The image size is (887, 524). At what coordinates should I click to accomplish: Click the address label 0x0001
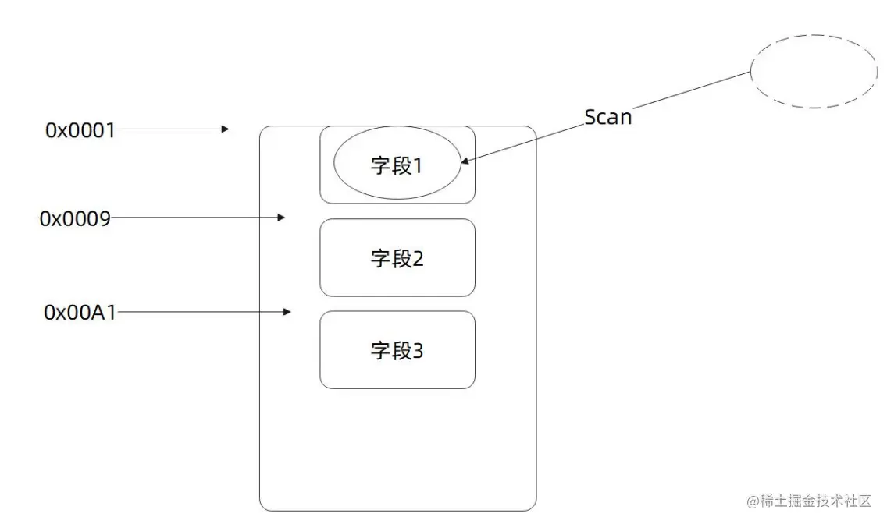(80, 130)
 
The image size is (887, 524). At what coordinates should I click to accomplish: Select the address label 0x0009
(75, 219)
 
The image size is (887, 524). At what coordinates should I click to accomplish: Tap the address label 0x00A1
(80, 313)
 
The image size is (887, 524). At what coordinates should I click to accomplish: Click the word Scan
(607, 118)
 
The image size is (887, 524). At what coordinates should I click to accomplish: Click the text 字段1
(397, 166)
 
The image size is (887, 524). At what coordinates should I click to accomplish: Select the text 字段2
(397, 259)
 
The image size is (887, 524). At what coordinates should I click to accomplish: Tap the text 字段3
(397, 352)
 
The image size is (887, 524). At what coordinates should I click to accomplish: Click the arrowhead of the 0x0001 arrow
(225, 129)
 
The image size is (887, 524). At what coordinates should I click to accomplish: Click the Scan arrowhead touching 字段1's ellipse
(465, 162)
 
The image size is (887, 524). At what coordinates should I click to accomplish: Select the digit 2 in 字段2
(417, 259)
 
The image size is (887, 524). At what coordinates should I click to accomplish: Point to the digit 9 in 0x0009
(103, 219)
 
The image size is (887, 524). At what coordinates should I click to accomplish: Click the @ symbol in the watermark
(753, 501)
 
